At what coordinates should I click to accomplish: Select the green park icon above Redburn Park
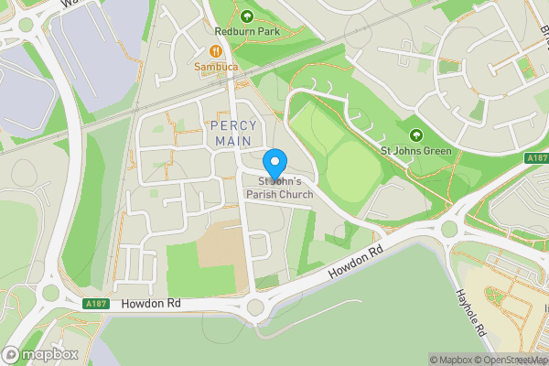pyautogui.click(x=246, y=15)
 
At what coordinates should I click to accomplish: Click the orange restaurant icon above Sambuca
pyautogui.click(x=216, y=51)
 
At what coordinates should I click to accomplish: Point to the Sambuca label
pyautogui.click(x=216, y=67)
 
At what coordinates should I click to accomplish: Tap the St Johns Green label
pyautogui.click(x=416, y=151)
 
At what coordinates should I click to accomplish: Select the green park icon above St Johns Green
pyautogui.click(x=416, y=135)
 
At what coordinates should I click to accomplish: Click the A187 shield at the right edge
pyautogui.click(x=537, y=158)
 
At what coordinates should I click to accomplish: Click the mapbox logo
pyautogui.click(x=40, y=354)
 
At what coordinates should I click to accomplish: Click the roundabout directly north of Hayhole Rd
pyautogui.click(x=447, y=230)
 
